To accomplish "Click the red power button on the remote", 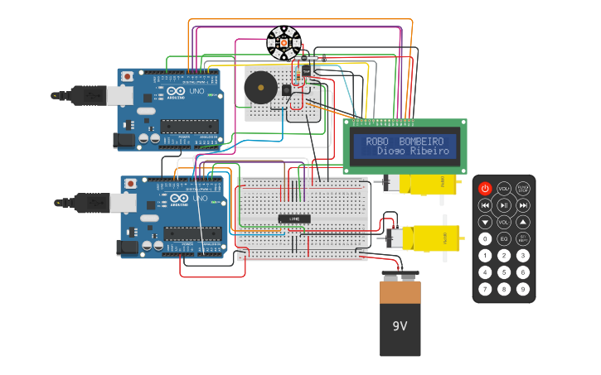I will [485, 189].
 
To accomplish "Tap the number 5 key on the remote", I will [504, 272].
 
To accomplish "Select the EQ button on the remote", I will [504, 238].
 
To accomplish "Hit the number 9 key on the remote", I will [523, 289].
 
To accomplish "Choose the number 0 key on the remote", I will [485, 238].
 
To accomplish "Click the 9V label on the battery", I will [400, 326].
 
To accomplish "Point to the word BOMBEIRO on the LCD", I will [421, 142].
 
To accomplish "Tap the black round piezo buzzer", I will [260, 87].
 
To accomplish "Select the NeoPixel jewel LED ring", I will [283, 43].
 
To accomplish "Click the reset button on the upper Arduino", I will [128, 77].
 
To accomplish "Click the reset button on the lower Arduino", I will [131, 184].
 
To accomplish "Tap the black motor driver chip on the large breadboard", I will [293, 219].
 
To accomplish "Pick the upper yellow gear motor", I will [424, 185].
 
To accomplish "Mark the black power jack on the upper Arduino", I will [124, 141].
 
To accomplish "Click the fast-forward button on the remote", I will [523, 205].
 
